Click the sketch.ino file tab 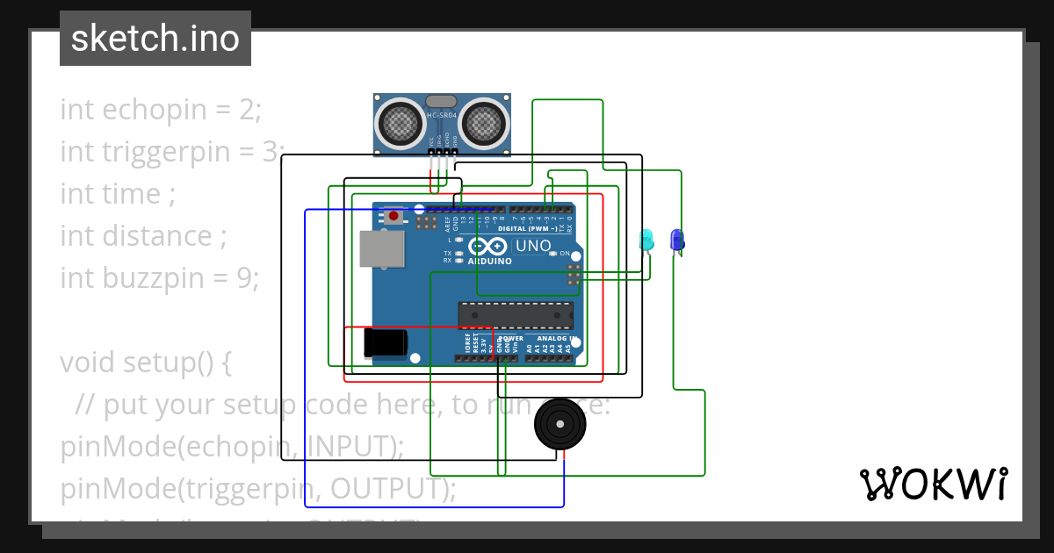coord(155,39)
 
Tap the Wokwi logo coord(933,484)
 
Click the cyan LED coord(646,239)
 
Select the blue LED coord(676,239)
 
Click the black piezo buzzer coord(559,425)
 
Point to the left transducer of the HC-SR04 coord(401,121)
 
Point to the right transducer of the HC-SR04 coord(484,121)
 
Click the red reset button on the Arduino coord(394,215)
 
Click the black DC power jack coord(386,342)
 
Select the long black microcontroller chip coord(514,315)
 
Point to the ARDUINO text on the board coord(489,262)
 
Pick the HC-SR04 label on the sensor coord(442,116)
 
